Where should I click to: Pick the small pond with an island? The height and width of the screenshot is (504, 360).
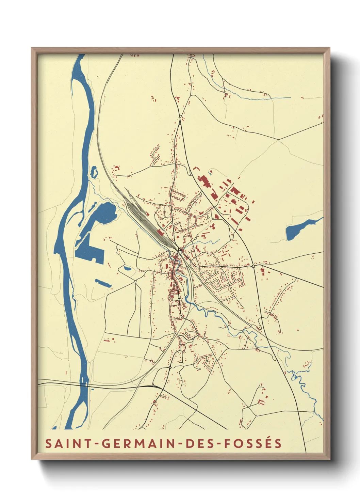pyautogui.click(x=93, y=172)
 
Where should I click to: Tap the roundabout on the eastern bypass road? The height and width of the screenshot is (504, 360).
pyautogui.click(x=253, y=266)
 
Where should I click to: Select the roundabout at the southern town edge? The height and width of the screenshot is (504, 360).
pyautogui.click(x=169, y=368)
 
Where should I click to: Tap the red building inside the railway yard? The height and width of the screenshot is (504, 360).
pyautogui.click(x=160, y=232)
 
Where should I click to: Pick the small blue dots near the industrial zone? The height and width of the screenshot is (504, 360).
pyautogui.click(x=210, y=174)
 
